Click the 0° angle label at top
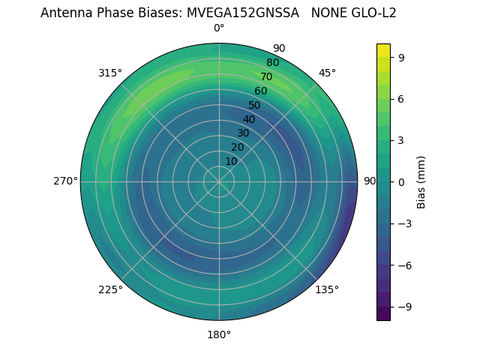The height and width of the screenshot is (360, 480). [x=219, y=28]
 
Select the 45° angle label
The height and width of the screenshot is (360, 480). [x=327, y=73]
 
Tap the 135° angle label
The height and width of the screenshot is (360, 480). [x=327, y=289]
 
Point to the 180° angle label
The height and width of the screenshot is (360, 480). [x=219, y=334]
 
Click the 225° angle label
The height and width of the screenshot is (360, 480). [x=110, y=289]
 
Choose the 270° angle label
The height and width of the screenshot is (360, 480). [x=65, y=181]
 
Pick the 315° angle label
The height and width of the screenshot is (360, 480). [x=110, y=73]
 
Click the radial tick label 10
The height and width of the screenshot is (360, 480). [x=231, y=161]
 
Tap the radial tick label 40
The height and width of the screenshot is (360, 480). [x=249, y=119]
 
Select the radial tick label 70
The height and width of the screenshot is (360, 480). [x=266, y=76]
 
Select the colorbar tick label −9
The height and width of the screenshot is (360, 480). [x=403, y=307]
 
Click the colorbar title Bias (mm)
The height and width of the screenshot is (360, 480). [x=421, y=181]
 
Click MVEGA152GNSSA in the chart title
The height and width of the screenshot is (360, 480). [x=244, y=13]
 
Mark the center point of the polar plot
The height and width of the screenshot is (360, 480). [x=219, y=181]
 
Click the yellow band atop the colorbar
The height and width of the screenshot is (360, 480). [x=383, y=50]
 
